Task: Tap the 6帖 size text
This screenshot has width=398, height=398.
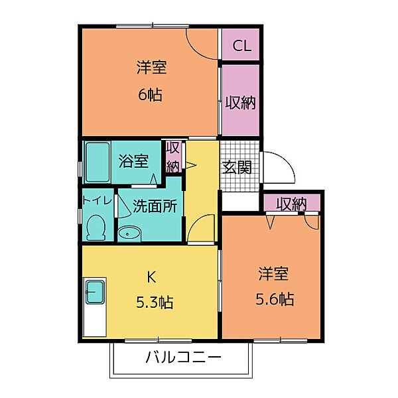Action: (151, 94)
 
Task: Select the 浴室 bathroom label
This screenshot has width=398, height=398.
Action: (133, 161)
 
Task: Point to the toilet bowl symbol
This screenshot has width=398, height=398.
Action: (96, 228)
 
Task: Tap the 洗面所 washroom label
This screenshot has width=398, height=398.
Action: (155, 206)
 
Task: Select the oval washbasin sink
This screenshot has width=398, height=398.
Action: (129, 232)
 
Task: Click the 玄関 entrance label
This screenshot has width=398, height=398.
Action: (237, 167)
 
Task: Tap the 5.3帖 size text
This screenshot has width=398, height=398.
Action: (155, 302)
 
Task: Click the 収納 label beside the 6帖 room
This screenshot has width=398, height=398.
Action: (239, 103)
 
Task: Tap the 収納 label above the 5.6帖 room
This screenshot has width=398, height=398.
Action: (292, 204)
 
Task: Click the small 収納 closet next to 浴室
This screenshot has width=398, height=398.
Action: (172, 157)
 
